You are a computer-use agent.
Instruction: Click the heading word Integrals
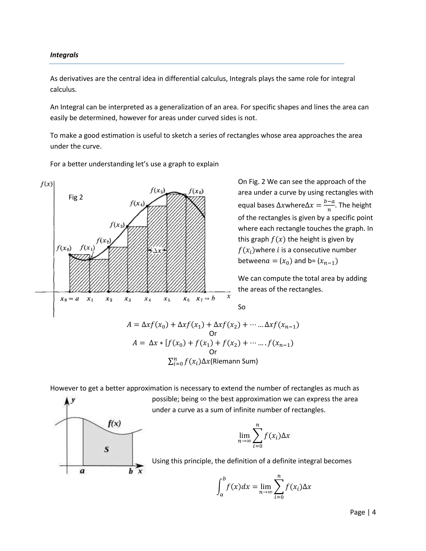click(x=64, y=55)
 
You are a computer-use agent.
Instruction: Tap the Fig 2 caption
click(x=76, y=197)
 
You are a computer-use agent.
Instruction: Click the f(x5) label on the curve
click(x=157, y=190)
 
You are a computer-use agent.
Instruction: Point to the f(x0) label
click(x=64, y=248)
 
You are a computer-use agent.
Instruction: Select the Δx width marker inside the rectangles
click(x=157, y=251)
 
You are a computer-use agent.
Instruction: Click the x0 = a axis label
click(x=69, y=299)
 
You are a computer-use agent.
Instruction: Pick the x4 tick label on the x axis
click(x=147, y=299)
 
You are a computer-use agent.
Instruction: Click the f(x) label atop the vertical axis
click(x=46, y=184)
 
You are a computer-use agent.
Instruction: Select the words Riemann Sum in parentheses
click(x=234, y=361)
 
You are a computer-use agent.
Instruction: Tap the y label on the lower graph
click(x=73, y=400)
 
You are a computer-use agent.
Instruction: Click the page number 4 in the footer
click(x=374, y=512)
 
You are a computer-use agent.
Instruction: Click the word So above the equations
click(x=241, y=307)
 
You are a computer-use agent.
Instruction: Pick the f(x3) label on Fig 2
click(x=117, y=225)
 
